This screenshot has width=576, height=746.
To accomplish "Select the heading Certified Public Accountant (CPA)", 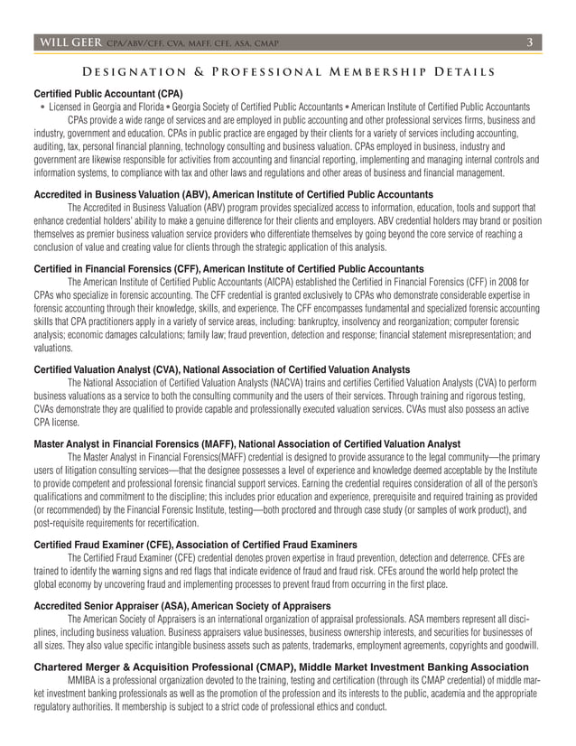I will click(x=107, y=93).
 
